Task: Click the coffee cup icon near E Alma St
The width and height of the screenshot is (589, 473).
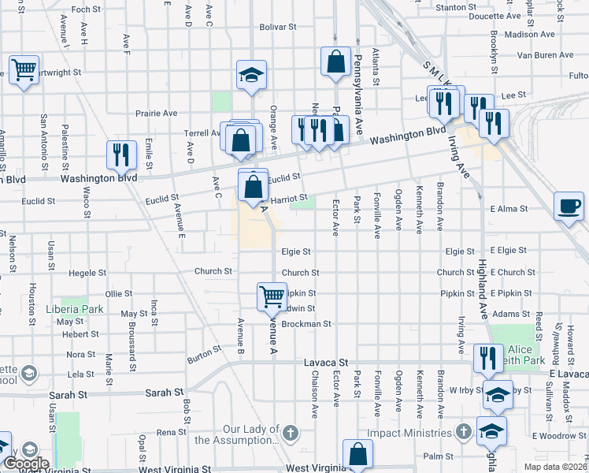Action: click(x=569, y=207)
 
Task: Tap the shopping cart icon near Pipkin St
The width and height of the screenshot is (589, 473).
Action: click(x=272, y=297)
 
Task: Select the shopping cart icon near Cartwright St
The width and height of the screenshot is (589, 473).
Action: click(x=24, y=69)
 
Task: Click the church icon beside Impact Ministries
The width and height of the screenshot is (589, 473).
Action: click(x=464, y=432)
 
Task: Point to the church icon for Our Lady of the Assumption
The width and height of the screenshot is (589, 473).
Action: click(x=291, y=433)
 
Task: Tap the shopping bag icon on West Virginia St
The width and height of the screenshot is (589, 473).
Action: click(x=357, y=454)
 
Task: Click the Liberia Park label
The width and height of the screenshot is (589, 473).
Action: click(x=75, y=307)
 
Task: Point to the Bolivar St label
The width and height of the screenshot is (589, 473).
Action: click(x=280, y=26)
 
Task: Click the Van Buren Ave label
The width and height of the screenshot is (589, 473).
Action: click(x=545, y=55)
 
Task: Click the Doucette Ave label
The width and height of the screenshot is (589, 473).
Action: click(x=495, y=16)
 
